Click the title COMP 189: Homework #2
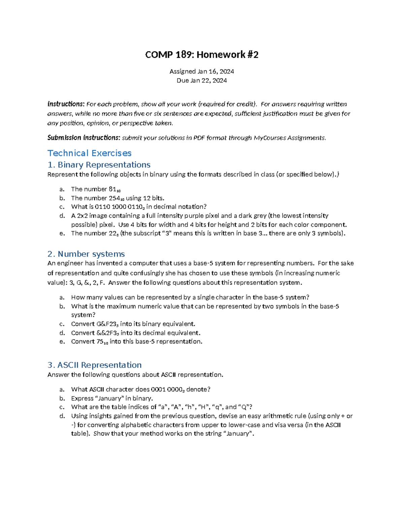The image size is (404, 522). pos(202,55)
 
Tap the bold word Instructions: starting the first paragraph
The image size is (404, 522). pos(66,104)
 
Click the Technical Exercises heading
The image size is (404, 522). pos(89,153)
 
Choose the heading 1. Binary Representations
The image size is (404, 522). pos(99,165)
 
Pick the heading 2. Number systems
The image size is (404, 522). pos(86,254)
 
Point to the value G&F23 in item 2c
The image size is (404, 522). pos(106,324)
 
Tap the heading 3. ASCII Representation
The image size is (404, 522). pos(94,365)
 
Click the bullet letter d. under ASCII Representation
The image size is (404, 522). pos(62,416)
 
